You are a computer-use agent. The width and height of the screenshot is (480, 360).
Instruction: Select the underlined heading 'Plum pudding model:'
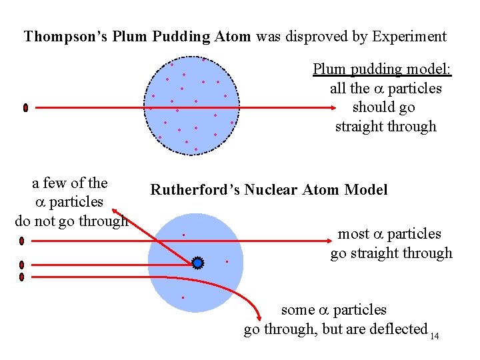pos(382,69)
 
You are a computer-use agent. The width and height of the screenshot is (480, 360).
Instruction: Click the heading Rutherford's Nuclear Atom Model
pos(269,190)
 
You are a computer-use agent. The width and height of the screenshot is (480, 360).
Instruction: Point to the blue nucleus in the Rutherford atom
pos(197,263)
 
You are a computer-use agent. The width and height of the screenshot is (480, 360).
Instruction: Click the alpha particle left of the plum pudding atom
pos(25,107)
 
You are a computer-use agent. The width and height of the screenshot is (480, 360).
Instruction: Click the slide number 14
pos(435,336)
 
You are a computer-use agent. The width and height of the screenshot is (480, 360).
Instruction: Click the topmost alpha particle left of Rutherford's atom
pos(22,241)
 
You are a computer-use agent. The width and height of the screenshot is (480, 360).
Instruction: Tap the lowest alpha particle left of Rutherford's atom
pos(22,276)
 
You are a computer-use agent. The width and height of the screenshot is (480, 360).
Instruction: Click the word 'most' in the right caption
pos(353,234)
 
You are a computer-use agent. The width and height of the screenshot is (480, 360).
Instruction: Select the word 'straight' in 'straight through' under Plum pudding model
pos(361,127)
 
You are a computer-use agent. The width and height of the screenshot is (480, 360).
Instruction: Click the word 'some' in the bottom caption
pos(297,310)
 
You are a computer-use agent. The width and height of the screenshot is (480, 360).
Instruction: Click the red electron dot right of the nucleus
pos(227,261)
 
